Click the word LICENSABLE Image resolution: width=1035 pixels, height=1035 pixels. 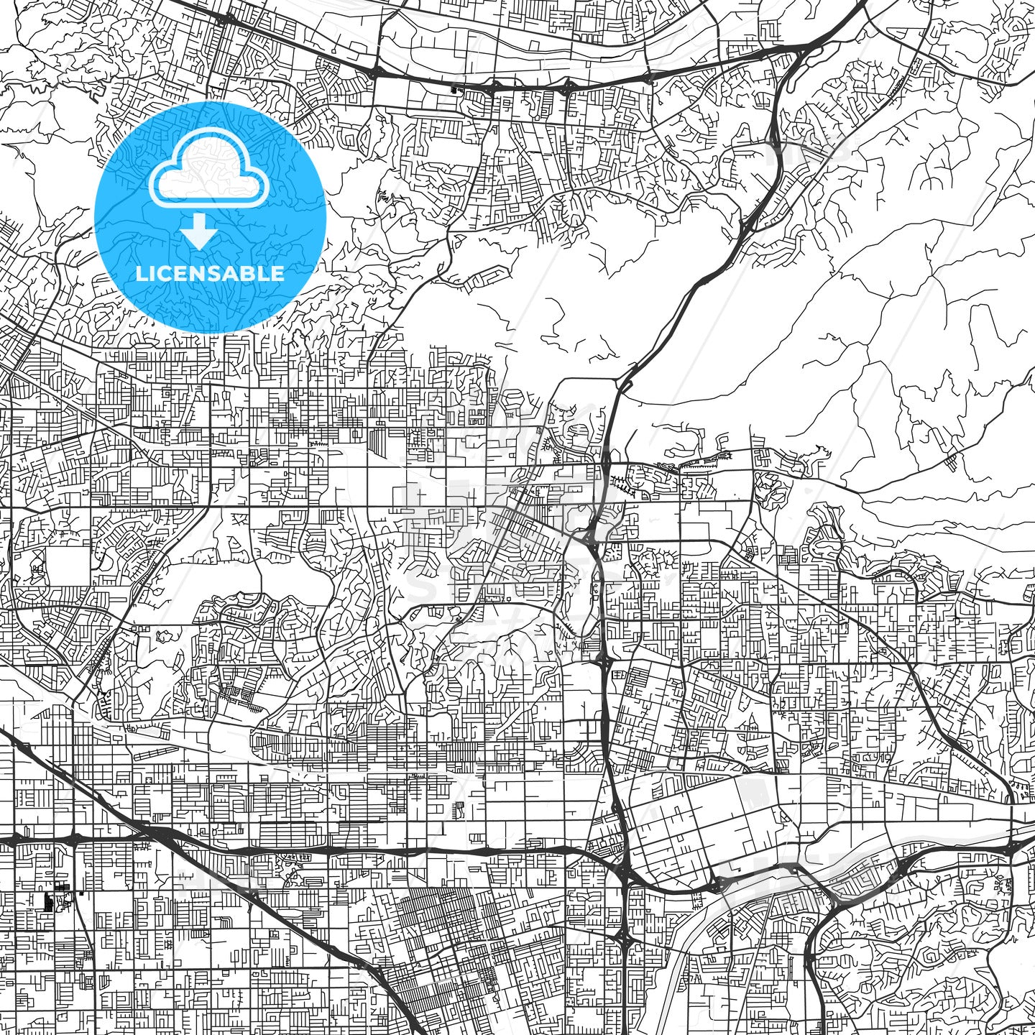point(210,273)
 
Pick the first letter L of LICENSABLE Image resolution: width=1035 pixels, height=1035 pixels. point(141,273)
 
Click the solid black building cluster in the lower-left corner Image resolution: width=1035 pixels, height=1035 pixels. point(50,901)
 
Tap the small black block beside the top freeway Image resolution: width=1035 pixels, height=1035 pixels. point(453,91)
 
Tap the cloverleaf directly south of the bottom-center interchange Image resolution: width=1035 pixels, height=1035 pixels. point(624,937)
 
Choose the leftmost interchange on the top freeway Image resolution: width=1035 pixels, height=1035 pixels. point(374,73)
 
